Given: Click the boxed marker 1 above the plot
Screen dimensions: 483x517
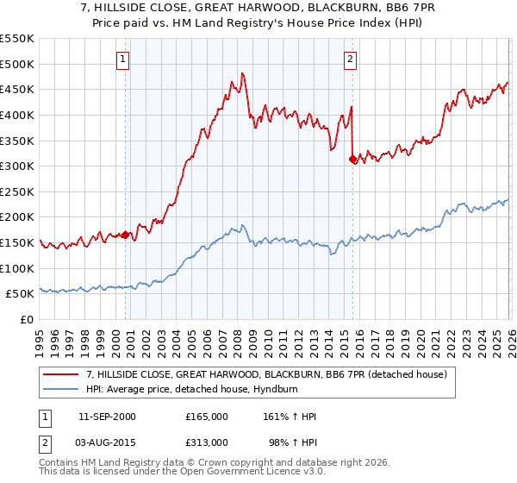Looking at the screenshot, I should (123, 60).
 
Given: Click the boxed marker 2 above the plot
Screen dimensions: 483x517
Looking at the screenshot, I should (351, 60).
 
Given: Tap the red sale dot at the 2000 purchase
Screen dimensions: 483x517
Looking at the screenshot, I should (126, 235).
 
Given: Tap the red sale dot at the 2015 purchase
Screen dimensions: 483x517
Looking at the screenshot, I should (352, 160).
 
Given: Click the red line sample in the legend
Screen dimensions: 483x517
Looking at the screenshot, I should (61, 375).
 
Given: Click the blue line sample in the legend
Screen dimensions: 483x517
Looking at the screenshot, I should (61, 390).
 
